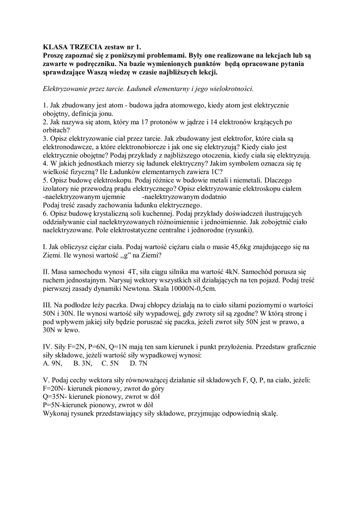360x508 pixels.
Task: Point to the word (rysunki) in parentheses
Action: pyautogui.click(x=237, y=230)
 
